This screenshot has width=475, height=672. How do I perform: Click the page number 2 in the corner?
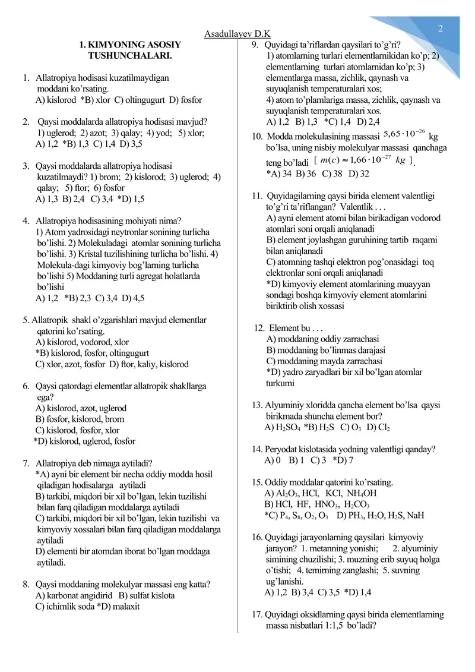coord(441,29)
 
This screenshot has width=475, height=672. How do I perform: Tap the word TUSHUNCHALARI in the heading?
coord(130,56)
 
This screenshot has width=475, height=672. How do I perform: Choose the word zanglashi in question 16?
coord(352,570)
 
